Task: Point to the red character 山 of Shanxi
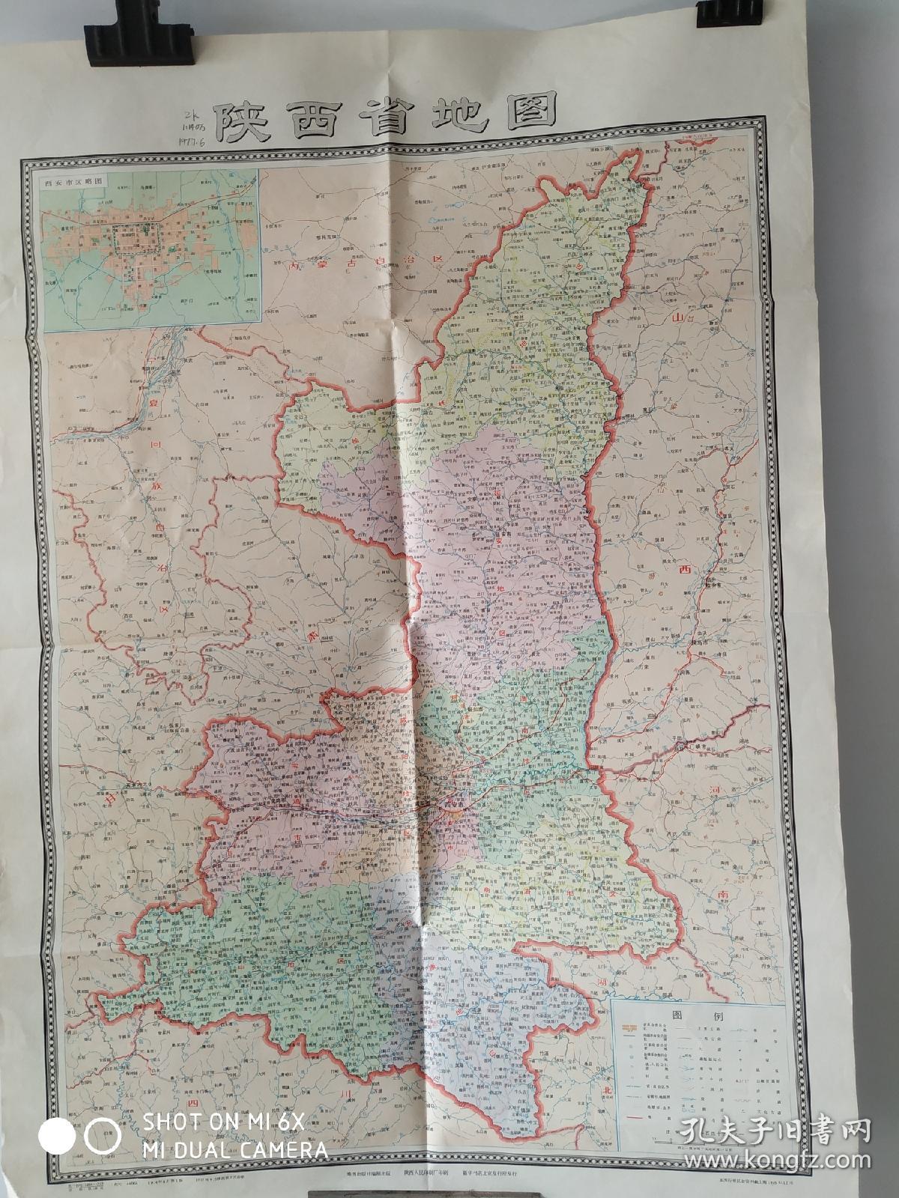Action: [x=678, y=319]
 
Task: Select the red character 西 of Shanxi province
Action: [x=682, y=570]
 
